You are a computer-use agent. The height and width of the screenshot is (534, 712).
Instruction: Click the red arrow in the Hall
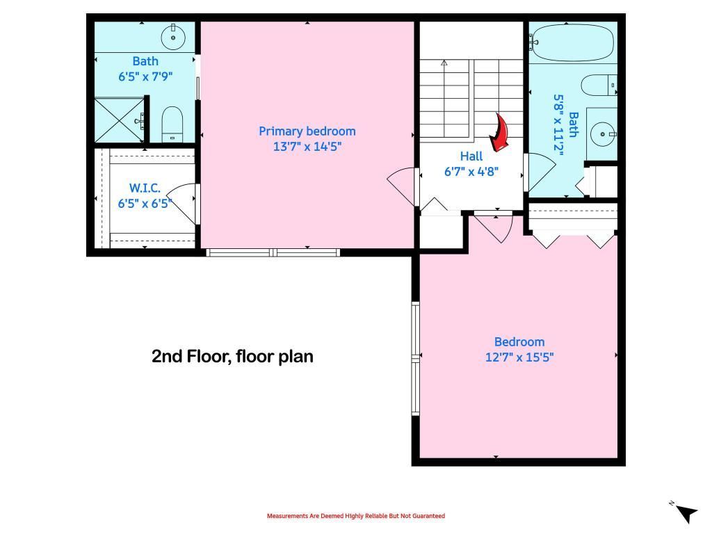point(499,133)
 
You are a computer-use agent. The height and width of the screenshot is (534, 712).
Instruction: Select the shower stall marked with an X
point(119,120)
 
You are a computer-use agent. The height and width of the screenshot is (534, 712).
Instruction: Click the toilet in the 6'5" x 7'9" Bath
point(172,124)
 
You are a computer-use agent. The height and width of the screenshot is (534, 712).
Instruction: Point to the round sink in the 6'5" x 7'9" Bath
point(172,34)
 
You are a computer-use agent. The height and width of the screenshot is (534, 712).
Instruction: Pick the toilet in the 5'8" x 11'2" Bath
point(598,85)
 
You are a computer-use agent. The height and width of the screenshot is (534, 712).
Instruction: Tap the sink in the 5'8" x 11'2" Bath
point(602,130)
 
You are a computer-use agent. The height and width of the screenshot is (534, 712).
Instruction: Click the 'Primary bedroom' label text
point(307,131)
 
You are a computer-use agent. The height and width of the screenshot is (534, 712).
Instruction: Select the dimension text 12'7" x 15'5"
point(519,357)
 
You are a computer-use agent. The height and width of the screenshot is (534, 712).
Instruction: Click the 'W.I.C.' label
point(145,188)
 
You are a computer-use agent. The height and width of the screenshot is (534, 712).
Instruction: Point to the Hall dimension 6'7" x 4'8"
point(471,171)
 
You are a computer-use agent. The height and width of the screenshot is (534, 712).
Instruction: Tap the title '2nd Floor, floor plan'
point(232,357)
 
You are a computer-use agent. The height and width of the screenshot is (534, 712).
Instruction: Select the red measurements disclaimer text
point(355,516)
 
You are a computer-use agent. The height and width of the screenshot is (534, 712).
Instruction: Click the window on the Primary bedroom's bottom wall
point(273,252)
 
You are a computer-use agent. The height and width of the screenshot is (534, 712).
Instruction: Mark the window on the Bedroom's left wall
point(416,357)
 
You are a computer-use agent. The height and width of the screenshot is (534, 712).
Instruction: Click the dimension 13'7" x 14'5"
point(307,147)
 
